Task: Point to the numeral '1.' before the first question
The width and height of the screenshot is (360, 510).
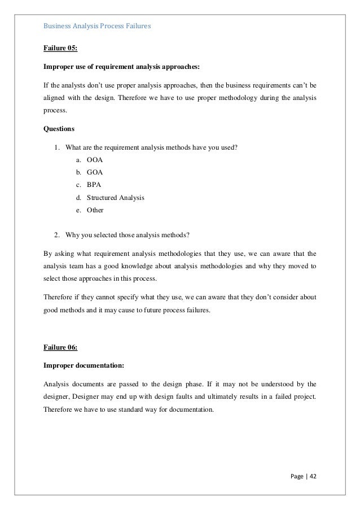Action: pyautogui.click(x=57, y=148)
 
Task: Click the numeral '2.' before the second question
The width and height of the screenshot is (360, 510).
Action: pyautogui.click(x=57, y=234)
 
